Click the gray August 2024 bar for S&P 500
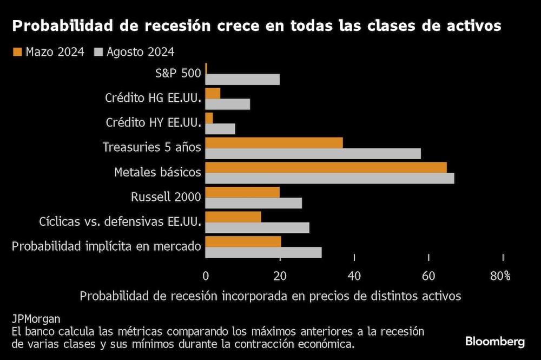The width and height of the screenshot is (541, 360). click(242, 80)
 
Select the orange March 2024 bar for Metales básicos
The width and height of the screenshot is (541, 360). click(326, 167)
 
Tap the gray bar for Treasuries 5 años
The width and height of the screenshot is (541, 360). click(313, 154)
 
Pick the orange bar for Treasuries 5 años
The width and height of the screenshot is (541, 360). click(274, 142)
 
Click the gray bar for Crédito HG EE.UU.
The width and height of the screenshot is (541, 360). click(228, 104)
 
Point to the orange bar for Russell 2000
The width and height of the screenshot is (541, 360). click(242, 192)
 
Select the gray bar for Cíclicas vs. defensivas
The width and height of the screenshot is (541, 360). click(258, 228)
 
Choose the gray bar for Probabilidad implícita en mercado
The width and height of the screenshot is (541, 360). click(263, 252)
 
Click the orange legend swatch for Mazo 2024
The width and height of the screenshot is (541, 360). click(17, 52)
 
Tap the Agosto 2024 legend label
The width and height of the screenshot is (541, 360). click(140, 52)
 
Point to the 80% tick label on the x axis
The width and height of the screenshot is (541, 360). click(500, 276)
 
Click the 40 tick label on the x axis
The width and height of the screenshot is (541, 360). click(354, 276)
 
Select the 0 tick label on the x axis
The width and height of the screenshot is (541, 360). click(206, 276)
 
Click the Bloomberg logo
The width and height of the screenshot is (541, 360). click(495, 342)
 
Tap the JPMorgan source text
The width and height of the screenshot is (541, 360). click(36, 318)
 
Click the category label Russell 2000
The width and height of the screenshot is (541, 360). click(166, 197)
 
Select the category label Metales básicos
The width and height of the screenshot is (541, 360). click(158, 172)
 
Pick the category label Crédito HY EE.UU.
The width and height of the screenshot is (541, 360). click(153, 123)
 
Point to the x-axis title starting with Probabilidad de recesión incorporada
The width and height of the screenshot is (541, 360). click(270, 296)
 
